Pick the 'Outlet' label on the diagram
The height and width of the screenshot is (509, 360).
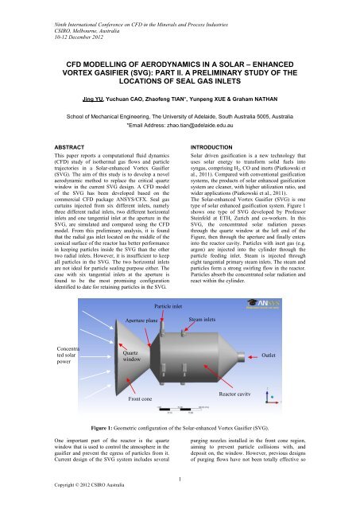tap(289, 377)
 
